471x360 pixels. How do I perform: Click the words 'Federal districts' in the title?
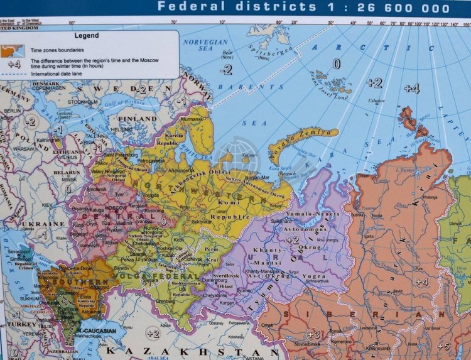(237, 7)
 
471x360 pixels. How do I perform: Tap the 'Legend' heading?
(87, 36)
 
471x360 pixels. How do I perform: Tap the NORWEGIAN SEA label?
(205, 45)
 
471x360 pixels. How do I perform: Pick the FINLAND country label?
(138, 119)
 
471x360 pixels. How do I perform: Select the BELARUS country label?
(68, 172)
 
